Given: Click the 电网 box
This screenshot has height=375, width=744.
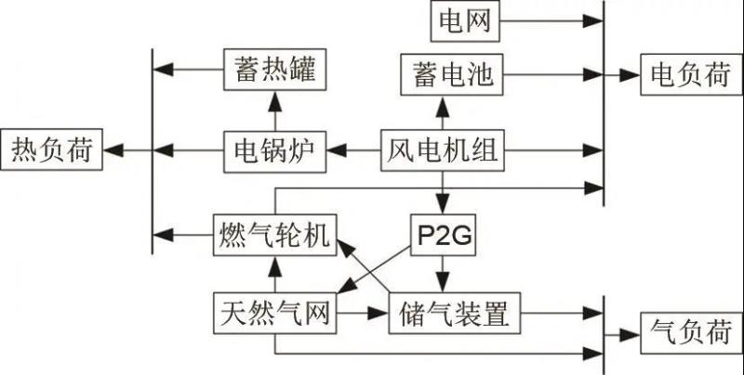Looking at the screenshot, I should (465, 20).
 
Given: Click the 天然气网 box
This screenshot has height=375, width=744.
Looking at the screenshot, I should (273, 313).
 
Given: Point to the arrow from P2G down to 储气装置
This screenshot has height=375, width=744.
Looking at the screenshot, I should (443, 275).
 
